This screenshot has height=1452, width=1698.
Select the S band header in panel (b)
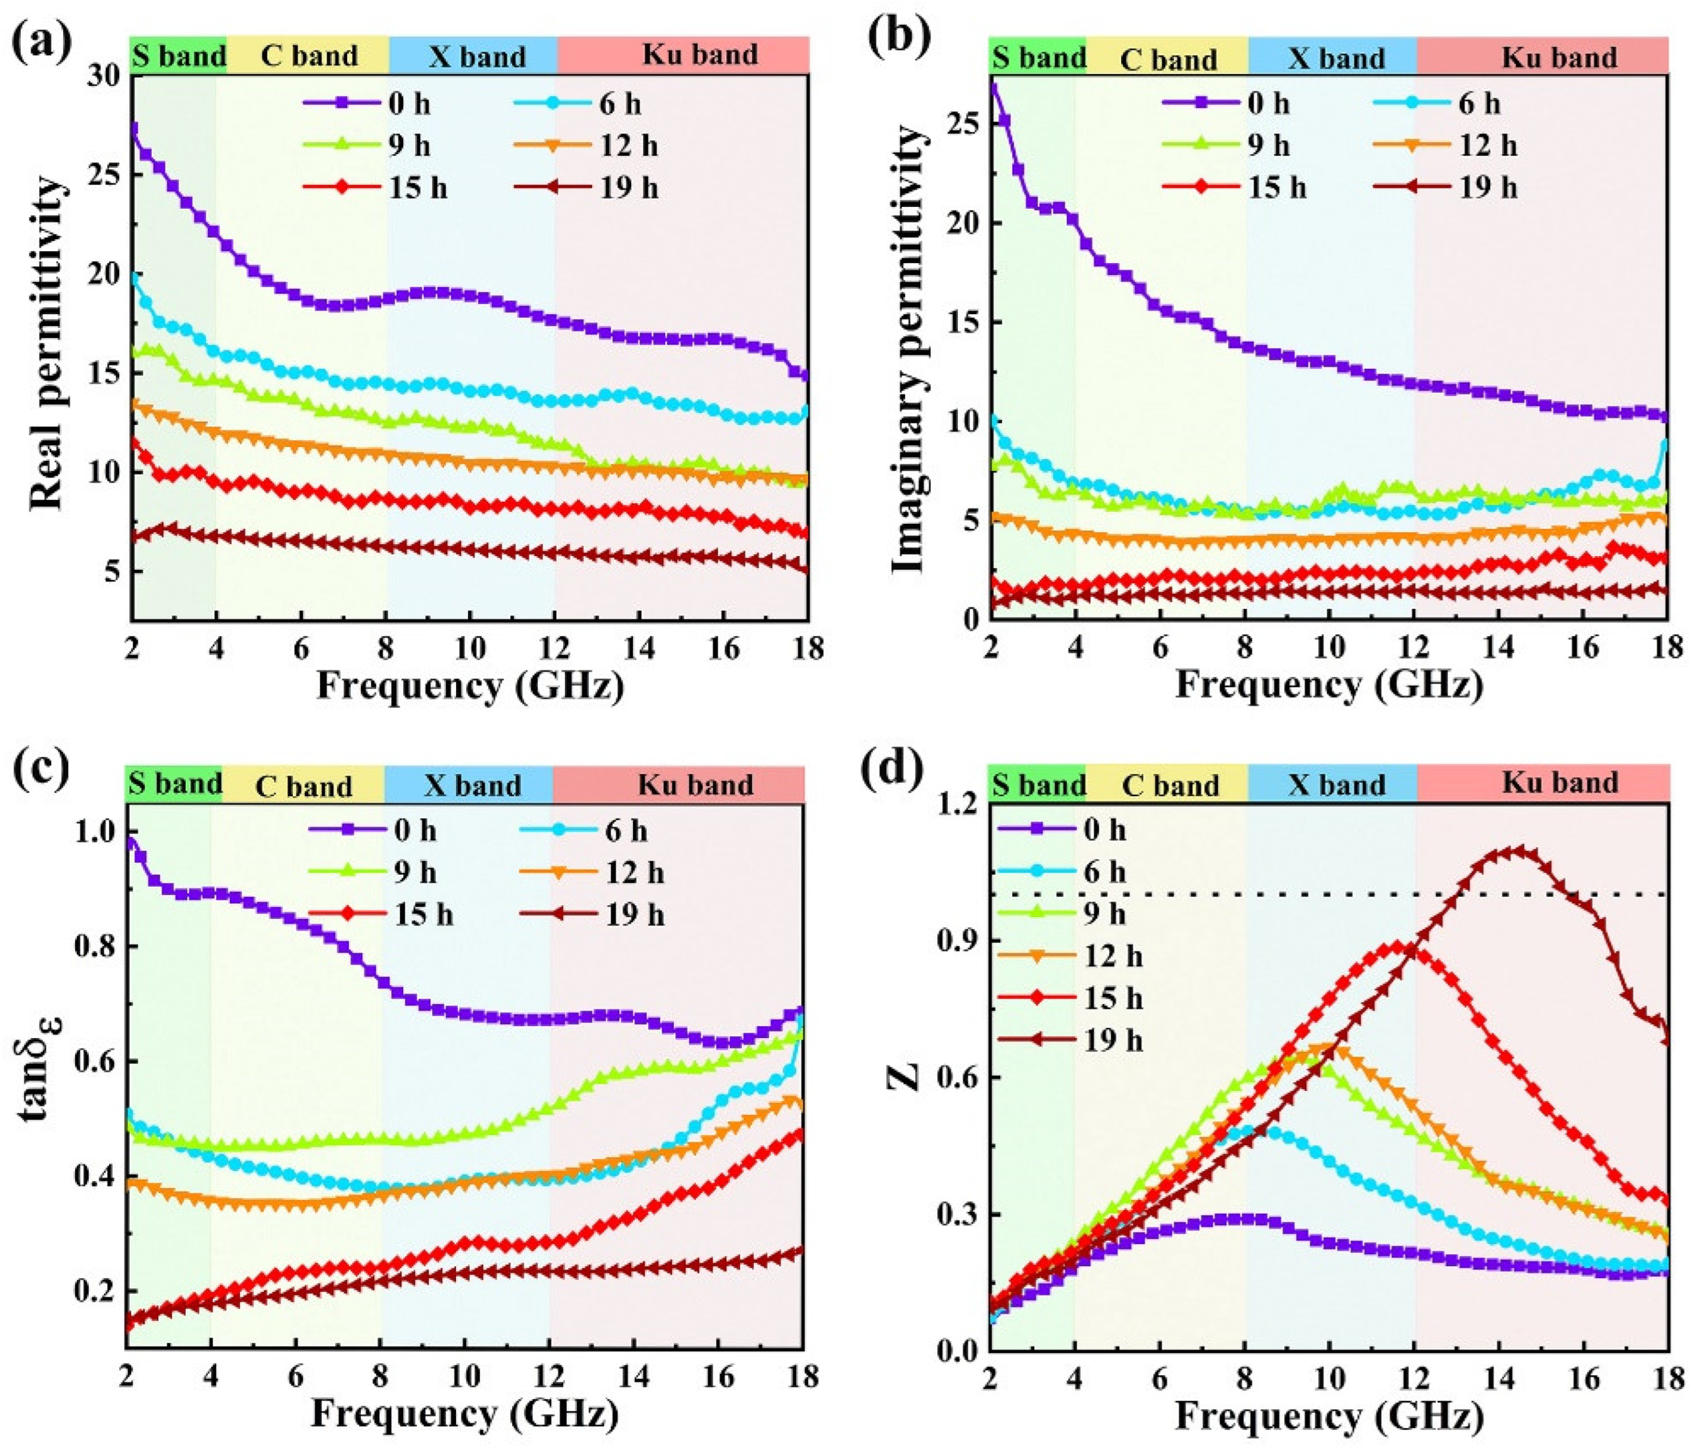(x=1037, y=57)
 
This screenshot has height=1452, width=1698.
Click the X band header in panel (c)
(x=472, y=785)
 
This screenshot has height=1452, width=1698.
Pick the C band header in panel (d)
(x=1169, y=785)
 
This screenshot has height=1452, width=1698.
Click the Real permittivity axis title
(x=47, y=345)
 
